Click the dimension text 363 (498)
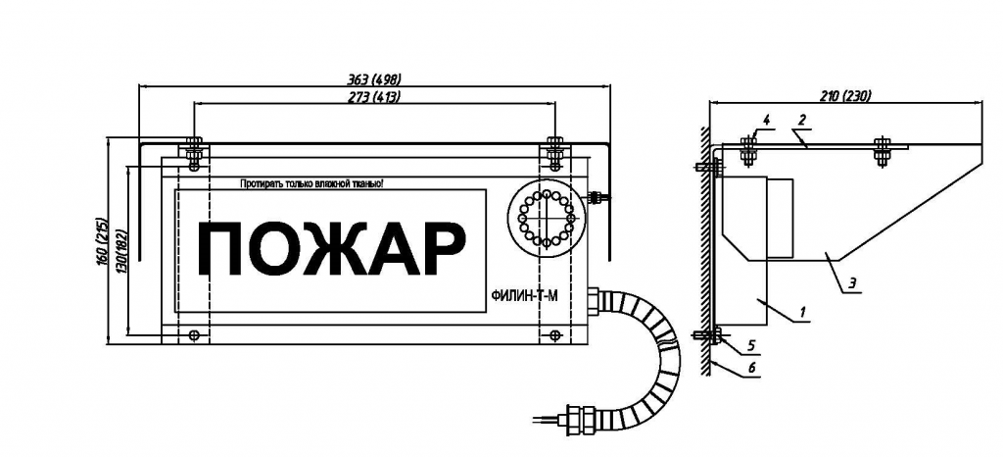coord(374,79)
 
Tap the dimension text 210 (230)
coord(846,96)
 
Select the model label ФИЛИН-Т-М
coord(521,296)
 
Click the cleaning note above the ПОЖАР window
coord(311,184)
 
